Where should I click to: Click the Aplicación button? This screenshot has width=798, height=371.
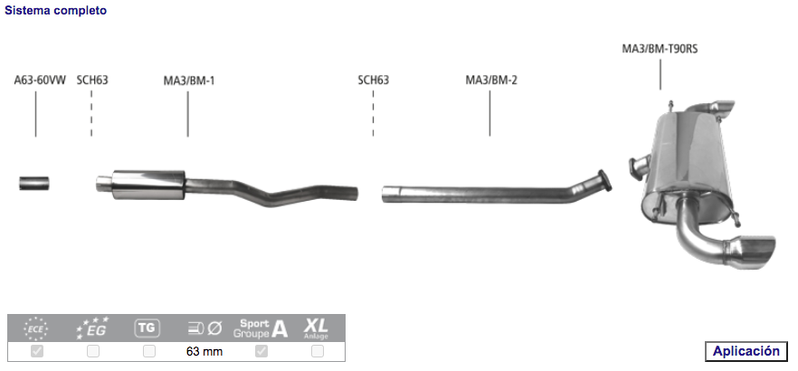746,351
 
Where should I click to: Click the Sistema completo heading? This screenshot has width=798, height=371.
56,10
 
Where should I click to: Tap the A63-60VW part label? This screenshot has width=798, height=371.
40,80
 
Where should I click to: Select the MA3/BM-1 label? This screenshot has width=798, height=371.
189,81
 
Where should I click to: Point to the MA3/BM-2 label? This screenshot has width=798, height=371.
491,81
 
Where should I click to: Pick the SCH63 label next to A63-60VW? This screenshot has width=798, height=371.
92,80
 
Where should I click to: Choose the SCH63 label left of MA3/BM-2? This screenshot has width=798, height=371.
373,80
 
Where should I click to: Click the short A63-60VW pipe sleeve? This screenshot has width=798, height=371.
34,183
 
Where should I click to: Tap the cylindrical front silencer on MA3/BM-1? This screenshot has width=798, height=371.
148,185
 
